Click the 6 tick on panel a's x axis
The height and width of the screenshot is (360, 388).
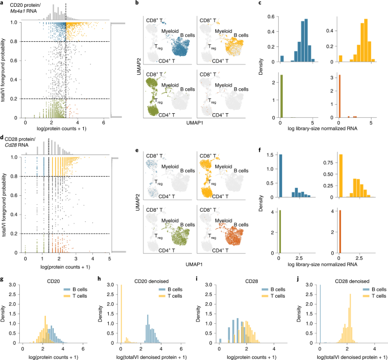(103, 122)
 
